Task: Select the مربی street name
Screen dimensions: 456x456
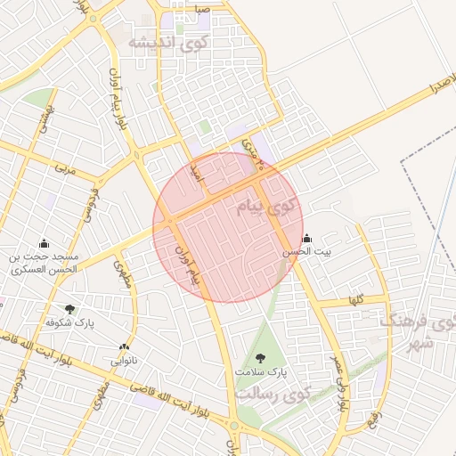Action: pos(61,167)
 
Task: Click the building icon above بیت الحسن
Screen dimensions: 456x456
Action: pos(307,239)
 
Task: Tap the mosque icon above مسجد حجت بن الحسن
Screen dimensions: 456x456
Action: pos(44,243)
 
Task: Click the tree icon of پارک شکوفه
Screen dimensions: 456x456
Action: pos(69,309)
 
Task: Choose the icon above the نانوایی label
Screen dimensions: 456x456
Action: pos(124,347)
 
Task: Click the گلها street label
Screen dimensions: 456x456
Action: pos(356,301)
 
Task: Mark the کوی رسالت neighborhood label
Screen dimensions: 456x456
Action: pos(276,393)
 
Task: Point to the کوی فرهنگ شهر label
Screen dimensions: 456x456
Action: pos(411,331)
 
